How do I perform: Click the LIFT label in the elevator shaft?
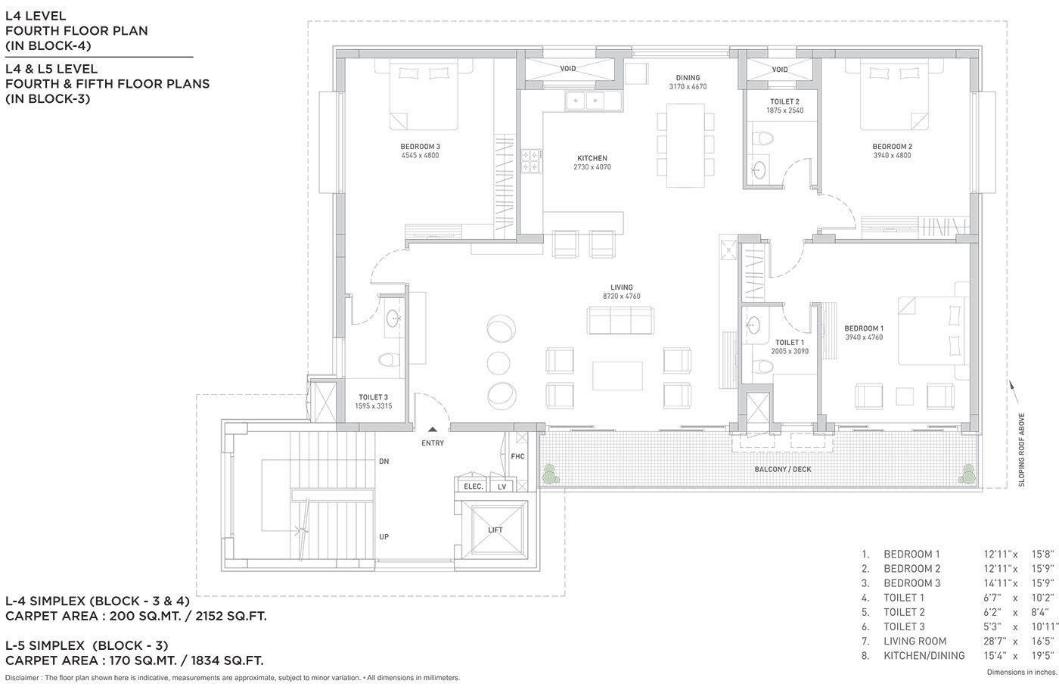pos(495,530)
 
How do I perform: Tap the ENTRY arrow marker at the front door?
pos(433,429)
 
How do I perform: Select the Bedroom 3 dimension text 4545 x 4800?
pos(420,155)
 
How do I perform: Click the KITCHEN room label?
pos(592,158)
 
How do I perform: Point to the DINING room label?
pos(688,77)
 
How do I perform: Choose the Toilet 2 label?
pos(785,101)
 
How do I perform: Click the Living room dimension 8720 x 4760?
pos(621,296)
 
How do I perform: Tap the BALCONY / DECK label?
pos(782,469)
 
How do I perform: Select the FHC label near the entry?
pos(517,456)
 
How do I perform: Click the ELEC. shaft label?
pos(474,486)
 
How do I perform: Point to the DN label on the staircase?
pos(384,461)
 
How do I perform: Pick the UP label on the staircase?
pos(384,536)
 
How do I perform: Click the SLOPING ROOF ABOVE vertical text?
pos(1021,449)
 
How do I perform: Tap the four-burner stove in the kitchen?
pos(531,160)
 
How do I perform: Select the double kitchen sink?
pos(585,101)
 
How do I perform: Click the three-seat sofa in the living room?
pos(621,320)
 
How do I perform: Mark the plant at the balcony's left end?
pos(549,474)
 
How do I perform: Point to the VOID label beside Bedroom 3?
pos(568,69)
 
